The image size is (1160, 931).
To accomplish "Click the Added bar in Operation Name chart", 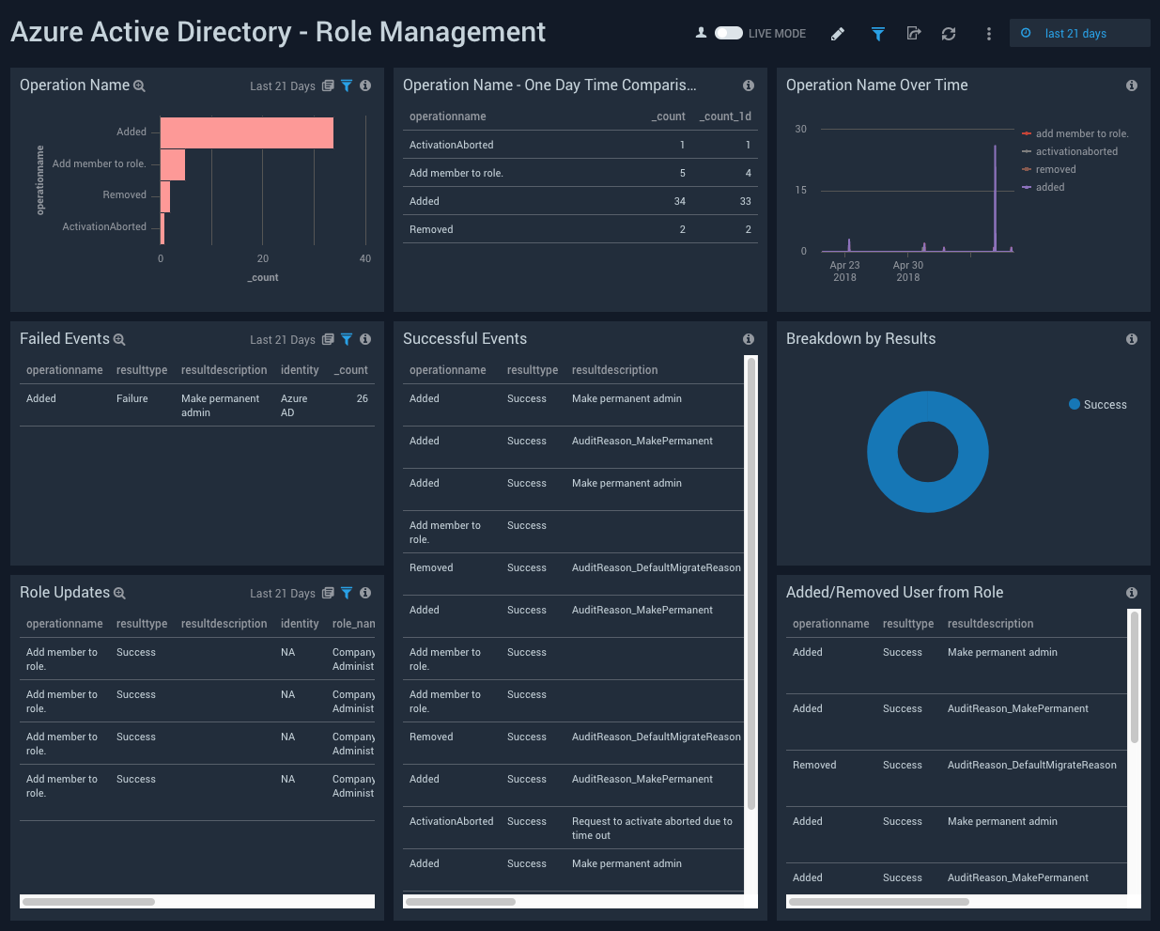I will point(246,132).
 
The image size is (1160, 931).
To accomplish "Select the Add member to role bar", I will point(173,164).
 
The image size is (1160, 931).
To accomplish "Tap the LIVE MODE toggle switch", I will point(729,33).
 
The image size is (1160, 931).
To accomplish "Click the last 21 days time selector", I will point(1075,33).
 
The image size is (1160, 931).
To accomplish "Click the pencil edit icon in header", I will point(838,34).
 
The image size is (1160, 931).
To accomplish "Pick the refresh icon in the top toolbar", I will point(949,34).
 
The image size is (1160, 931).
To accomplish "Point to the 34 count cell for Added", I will point(679,201).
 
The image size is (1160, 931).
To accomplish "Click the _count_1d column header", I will point(725,116).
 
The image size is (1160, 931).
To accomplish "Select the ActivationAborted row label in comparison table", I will point(451,145).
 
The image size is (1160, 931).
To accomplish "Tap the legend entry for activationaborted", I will point(1076,151).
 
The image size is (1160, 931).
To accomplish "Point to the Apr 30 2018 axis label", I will point(907,272).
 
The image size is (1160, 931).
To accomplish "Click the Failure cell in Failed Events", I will point(132,398).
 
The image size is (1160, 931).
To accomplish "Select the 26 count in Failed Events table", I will point(362,398).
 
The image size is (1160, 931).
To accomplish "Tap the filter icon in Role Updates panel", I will point(347,593).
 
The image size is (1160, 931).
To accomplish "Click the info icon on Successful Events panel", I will point(749,339).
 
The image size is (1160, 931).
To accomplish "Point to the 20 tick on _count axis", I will point(263,258).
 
